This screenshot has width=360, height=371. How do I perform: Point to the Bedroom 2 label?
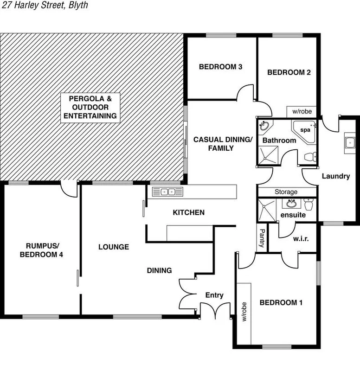click(289, 72)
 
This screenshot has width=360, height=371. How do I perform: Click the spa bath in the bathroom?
click(304, 131)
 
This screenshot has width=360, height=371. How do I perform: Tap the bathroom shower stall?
click(269, 155)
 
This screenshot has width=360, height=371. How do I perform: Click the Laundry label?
click(335, 176)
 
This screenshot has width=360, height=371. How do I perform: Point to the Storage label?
click(286, 192)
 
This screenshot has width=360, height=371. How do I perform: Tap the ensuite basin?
click(292, 204)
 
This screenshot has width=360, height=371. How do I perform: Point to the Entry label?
click(214, 295)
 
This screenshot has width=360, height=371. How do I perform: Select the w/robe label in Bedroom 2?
click(302, 112)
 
